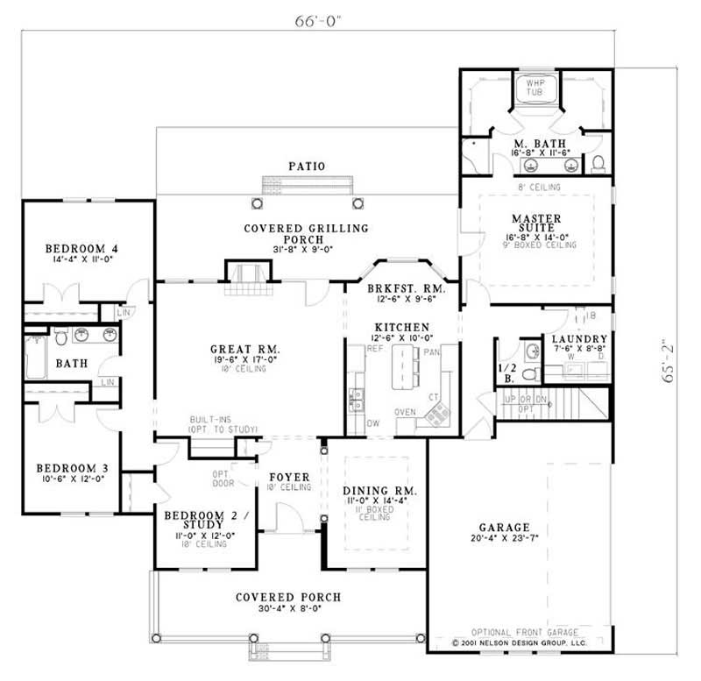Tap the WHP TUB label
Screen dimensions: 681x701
pos(535,89)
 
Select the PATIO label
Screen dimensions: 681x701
pos(307,166)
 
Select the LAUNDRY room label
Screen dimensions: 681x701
pos(574,338)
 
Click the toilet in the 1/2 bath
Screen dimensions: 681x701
pos(528,373)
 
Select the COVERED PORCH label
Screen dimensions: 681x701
pos(288,597)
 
